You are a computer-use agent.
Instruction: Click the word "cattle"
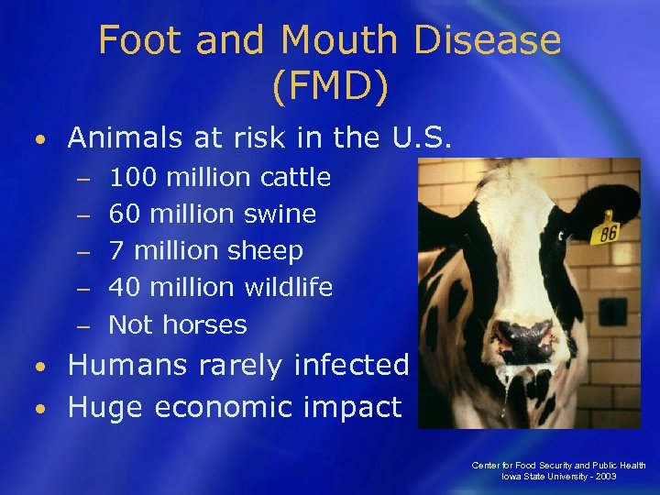tap(295, 177)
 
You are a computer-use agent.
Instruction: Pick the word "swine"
tap(280, 214)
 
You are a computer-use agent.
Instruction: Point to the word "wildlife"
tap(289, 287)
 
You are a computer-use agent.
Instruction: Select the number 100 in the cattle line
tap(130, 177)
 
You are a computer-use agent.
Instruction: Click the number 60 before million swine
tap(124, 214)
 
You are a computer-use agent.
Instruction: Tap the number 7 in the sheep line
tap(115, 250)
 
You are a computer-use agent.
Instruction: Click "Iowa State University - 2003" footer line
tap(558, 478)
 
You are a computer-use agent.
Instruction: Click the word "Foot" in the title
tap(136, 40)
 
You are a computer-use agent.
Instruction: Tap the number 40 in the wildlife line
tap(124, 287)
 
